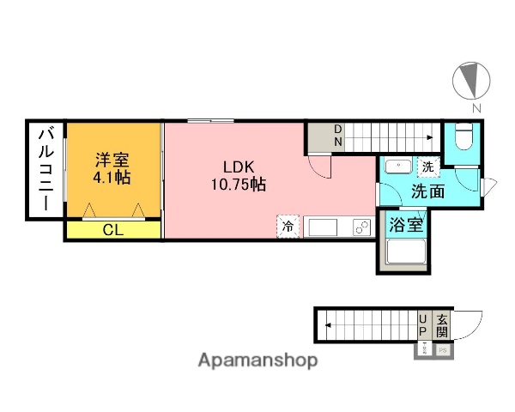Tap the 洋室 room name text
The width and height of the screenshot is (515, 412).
click(x=112, y=161)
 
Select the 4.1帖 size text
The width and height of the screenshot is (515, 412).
click(x=112, y=179)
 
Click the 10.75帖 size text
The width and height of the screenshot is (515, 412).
click(x=239, y=183)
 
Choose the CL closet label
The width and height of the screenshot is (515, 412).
click(x=112, y=229)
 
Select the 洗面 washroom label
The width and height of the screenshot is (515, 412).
click(x=426, y=191)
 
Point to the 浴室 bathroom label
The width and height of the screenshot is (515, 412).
click(x=403, y=227)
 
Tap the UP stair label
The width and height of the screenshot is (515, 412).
click(x=422, y=325)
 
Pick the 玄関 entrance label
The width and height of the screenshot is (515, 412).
click(x=442, y=325)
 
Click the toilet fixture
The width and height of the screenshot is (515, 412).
click(x=463, y=136)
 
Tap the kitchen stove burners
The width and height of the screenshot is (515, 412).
click(x=361, y=227)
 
